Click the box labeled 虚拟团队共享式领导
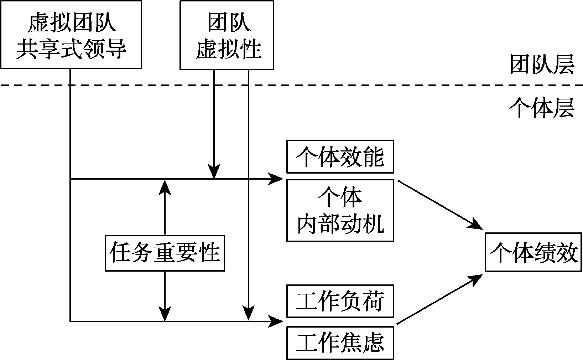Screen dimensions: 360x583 click(x=71, y=35)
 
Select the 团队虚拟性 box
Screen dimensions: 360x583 click(x=227, y=35)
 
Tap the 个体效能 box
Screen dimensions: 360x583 click(x=340, y=156)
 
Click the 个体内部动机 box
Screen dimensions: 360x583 click(x=340, y=210)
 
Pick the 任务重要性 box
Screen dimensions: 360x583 click(x=165, y=253)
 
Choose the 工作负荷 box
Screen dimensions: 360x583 click(x=340, y=301)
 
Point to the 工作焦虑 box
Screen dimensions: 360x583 click(x=340, y=343)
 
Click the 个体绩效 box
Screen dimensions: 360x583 click(x=533, y=252)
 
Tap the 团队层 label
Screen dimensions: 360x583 click(x=541, y=65)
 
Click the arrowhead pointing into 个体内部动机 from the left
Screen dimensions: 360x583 click(x=277, y=179)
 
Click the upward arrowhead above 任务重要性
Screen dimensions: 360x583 click(x=165, y=187)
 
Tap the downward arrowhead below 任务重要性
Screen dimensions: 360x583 click(x=165, y=314)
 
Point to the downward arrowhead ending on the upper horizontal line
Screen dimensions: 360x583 click(x=214, y=172)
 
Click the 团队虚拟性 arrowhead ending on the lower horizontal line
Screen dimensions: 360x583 click(x=248, y=313)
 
